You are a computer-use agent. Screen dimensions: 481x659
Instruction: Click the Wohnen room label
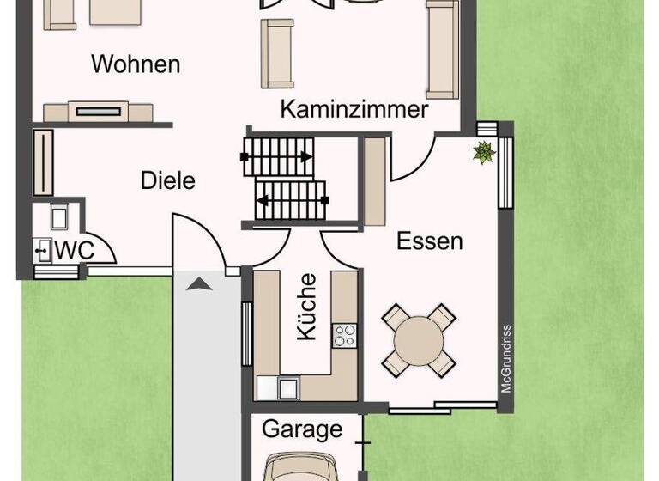(x=136, y=64)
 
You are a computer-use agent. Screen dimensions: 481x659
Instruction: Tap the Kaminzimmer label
(x=354, y=110)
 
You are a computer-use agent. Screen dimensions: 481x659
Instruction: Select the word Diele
(x=168, y=181)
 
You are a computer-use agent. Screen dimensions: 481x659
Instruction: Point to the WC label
(x=74, y=251)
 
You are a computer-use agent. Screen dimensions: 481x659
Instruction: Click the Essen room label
(x=429, y=241)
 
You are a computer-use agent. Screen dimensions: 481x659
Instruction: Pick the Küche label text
(x=307, y=307)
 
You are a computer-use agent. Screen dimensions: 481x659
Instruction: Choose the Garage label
(x=302, y=429)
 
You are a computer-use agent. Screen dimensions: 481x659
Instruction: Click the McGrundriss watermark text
(x=506, y=357)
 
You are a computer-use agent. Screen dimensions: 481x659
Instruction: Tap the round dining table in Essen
(x=419, y=340)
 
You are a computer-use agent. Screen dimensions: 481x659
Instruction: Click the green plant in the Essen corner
(x=485, y=153)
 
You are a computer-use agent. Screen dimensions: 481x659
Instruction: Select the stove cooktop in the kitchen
(x=345, y=335)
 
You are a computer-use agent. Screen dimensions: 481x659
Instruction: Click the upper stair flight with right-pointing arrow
(x=278, y=157)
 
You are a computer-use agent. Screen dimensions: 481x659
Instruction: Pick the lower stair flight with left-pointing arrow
(x=292, y=200)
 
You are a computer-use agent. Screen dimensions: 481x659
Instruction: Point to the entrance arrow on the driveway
(x=196, y=284)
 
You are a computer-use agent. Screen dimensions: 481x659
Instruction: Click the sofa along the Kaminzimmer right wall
(x=441, y=49)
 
